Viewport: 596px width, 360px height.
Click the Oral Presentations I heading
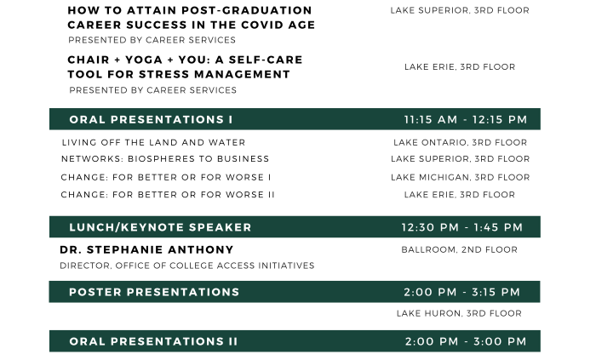pos(151,120)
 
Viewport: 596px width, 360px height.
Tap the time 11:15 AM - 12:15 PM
pos(466,120)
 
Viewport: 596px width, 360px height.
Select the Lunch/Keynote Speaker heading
pos(160,227)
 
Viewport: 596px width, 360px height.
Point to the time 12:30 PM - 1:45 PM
pos(462,227)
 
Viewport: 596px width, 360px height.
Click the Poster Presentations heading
pos(154,292)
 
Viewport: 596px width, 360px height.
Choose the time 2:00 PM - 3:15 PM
pos(461,292)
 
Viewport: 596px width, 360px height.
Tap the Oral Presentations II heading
pos(153,341)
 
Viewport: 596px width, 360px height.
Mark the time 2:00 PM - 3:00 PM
pos(466,341)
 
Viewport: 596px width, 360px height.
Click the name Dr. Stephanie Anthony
pos(146,250)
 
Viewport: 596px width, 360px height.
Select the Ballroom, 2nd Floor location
pos(460,250)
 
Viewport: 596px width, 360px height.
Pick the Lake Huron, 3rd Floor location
pos(459,313)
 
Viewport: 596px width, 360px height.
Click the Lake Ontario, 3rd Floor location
pos(461,142)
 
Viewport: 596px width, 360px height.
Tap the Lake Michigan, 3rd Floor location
pos(461,177)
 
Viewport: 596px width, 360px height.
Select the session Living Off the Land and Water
pos(153,142)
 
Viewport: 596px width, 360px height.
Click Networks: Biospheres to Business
pos(165,159)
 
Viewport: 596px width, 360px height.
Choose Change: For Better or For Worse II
pos(168,195)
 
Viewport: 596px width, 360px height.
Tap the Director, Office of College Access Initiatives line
pos(187,266)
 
